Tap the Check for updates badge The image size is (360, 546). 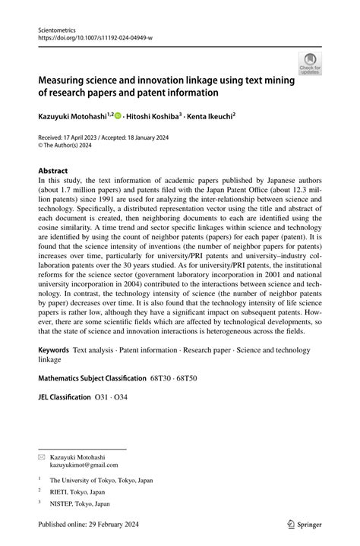click(309, 63)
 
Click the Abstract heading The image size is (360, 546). click(53, 171)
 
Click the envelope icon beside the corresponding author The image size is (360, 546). click(42, 457)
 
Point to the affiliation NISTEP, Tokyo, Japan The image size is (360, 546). click(80, 503)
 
